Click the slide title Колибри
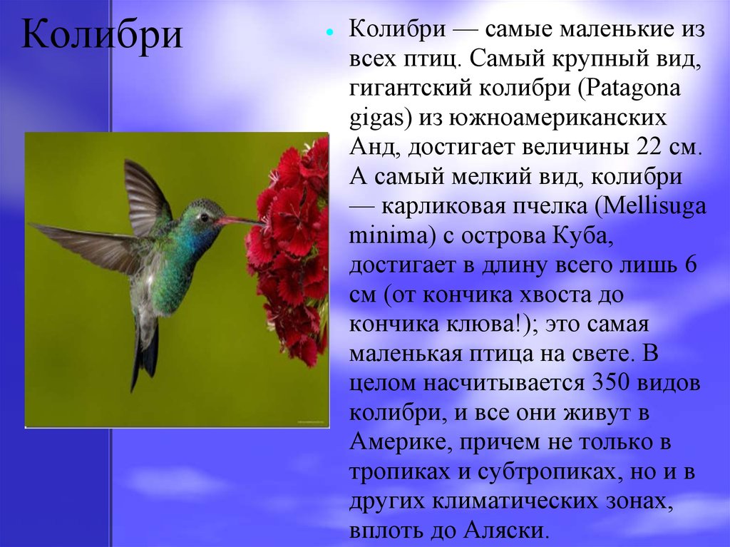click(101, 34)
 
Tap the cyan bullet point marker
click(330, 34)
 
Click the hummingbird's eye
click(204, 217)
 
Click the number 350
click(610, 383)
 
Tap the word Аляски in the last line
click(504, 530)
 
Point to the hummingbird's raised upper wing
click(144, 195)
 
